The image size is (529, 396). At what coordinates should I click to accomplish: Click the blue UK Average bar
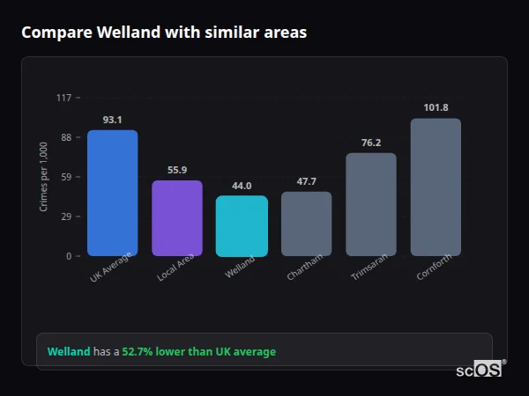(112, 193)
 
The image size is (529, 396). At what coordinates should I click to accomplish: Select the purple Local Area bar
(177, 218)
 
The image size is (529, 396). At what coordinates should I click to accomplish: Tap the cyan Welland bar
(242, 226)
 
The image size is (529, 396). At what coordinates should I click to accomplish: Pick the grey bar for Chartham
(306, 224)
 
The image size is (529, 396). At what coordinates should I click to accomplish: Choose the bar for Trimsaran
(371, 204)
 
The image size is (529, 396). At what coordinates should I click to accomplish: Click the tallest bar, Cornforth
(436, 187)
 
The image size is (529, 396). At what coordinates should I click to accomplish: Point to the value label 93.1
(112, 120)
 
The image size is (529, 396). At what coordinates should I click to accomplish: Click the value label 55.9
(177, 170)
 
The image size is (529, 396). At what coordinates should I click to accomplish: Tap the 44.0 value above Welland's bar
(242, 186)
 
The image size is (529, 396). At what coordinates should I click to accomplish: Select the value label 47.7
(306, 181)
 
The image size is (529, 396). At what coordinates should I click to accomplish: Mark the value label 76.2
(371, 143)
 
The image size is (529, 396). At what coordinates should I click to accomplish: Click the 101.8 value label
(436, 108)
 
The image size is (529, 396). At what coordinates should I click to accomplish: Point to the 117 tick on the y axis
(63, 98)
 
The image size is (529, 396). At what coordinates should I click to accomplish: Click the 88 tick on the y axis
(65, 137)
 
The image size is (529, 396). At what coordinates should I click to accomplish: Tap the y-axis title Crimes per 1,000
(44, 176)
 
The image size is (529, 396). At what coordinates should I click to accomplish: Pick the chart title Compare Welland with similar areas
(164, 33)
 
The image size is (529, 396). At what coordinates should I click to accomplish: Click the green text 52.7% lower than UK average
(198, 352)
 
